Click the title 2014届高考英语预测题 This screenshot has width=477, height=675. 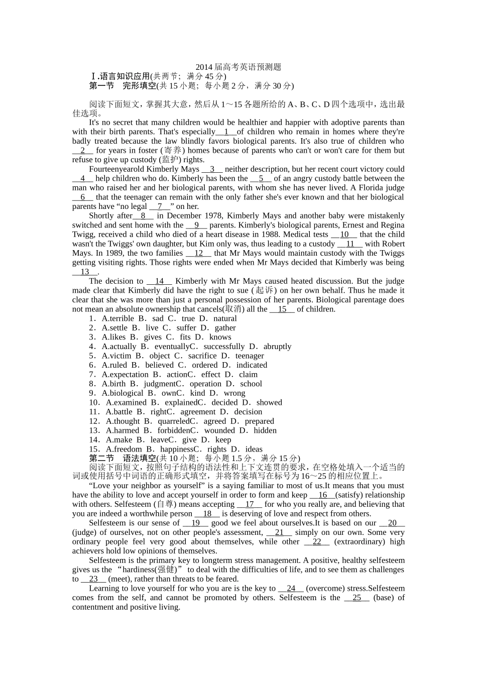point(238,67)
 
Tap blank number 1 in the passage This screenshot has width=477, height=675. point(226,132)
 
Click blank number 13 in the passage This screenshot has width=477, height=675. point(85,272)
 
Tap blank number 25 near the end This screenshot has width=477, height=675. point(357,598)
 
